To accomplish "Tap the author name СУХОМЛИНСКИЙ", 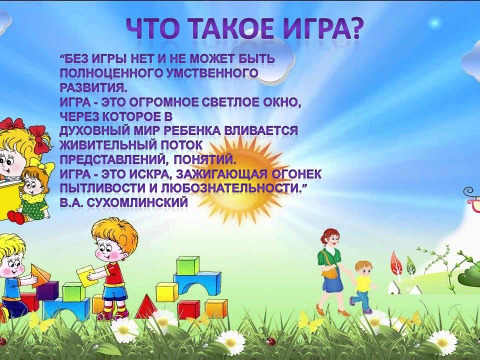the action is [137, 202].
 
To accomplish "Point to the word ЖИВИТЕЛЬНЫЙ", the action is [107, 145].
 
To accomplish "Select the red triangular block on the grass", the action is [146, 306].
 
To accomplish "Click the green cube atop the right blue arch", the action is [187, 265].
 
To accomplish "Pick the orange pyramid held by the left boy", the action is [40, 275].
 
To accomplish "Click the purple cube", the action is [47, 290].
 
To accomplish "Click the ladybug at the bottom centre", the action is [270, 341].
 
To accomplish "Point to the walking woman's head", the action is [330, 237].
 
